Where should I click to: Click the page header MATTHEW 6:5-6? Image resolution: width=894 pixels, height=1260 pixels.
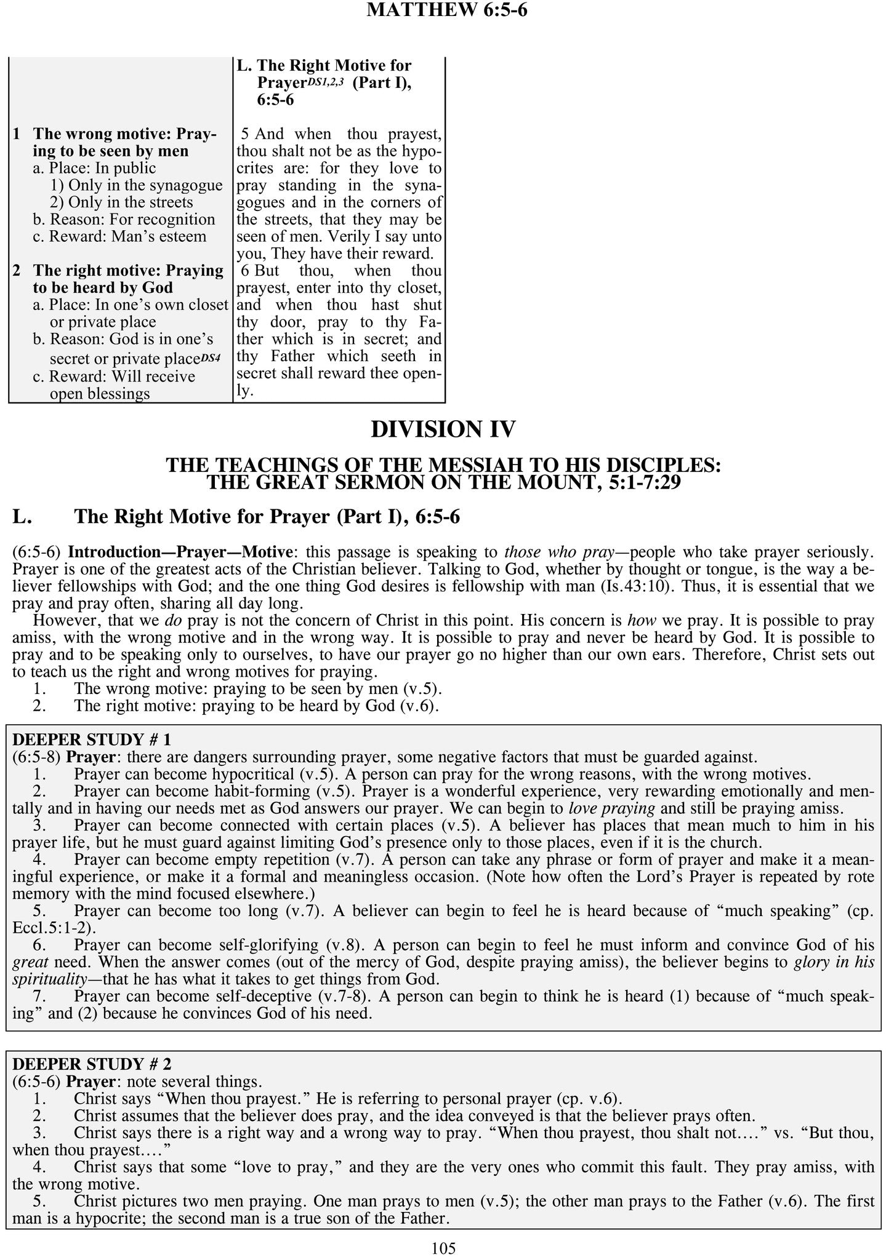446,10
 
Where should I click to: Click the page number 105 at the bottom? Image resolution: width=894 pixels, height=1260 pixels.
443,1248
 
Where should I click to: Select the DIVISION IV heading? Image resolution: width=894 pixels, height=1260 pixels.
443,429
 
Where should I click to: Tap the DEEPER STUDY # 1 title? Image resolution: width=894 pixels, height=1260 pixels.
91,739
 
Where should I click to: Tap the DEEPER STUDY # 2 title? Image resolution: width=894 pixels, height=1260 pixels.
91,1063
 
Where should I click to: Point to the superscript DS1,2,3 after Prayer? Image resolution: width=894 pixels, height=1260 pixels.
325,81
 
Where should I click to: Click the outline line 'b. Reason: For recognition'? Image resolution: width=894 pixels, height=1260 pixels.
124,220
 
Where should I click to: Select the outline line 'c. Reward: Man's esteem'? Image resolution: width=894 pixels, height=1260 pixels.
119,237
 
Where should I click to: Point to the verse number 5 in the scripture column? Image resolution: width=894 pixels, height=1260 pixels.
245,134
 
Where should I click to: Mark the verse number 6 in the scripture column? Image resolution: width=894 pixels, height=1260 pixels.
245,271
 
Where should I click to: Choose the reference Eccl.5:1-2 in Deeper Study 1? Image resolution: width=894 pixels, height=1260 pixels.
54,928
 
